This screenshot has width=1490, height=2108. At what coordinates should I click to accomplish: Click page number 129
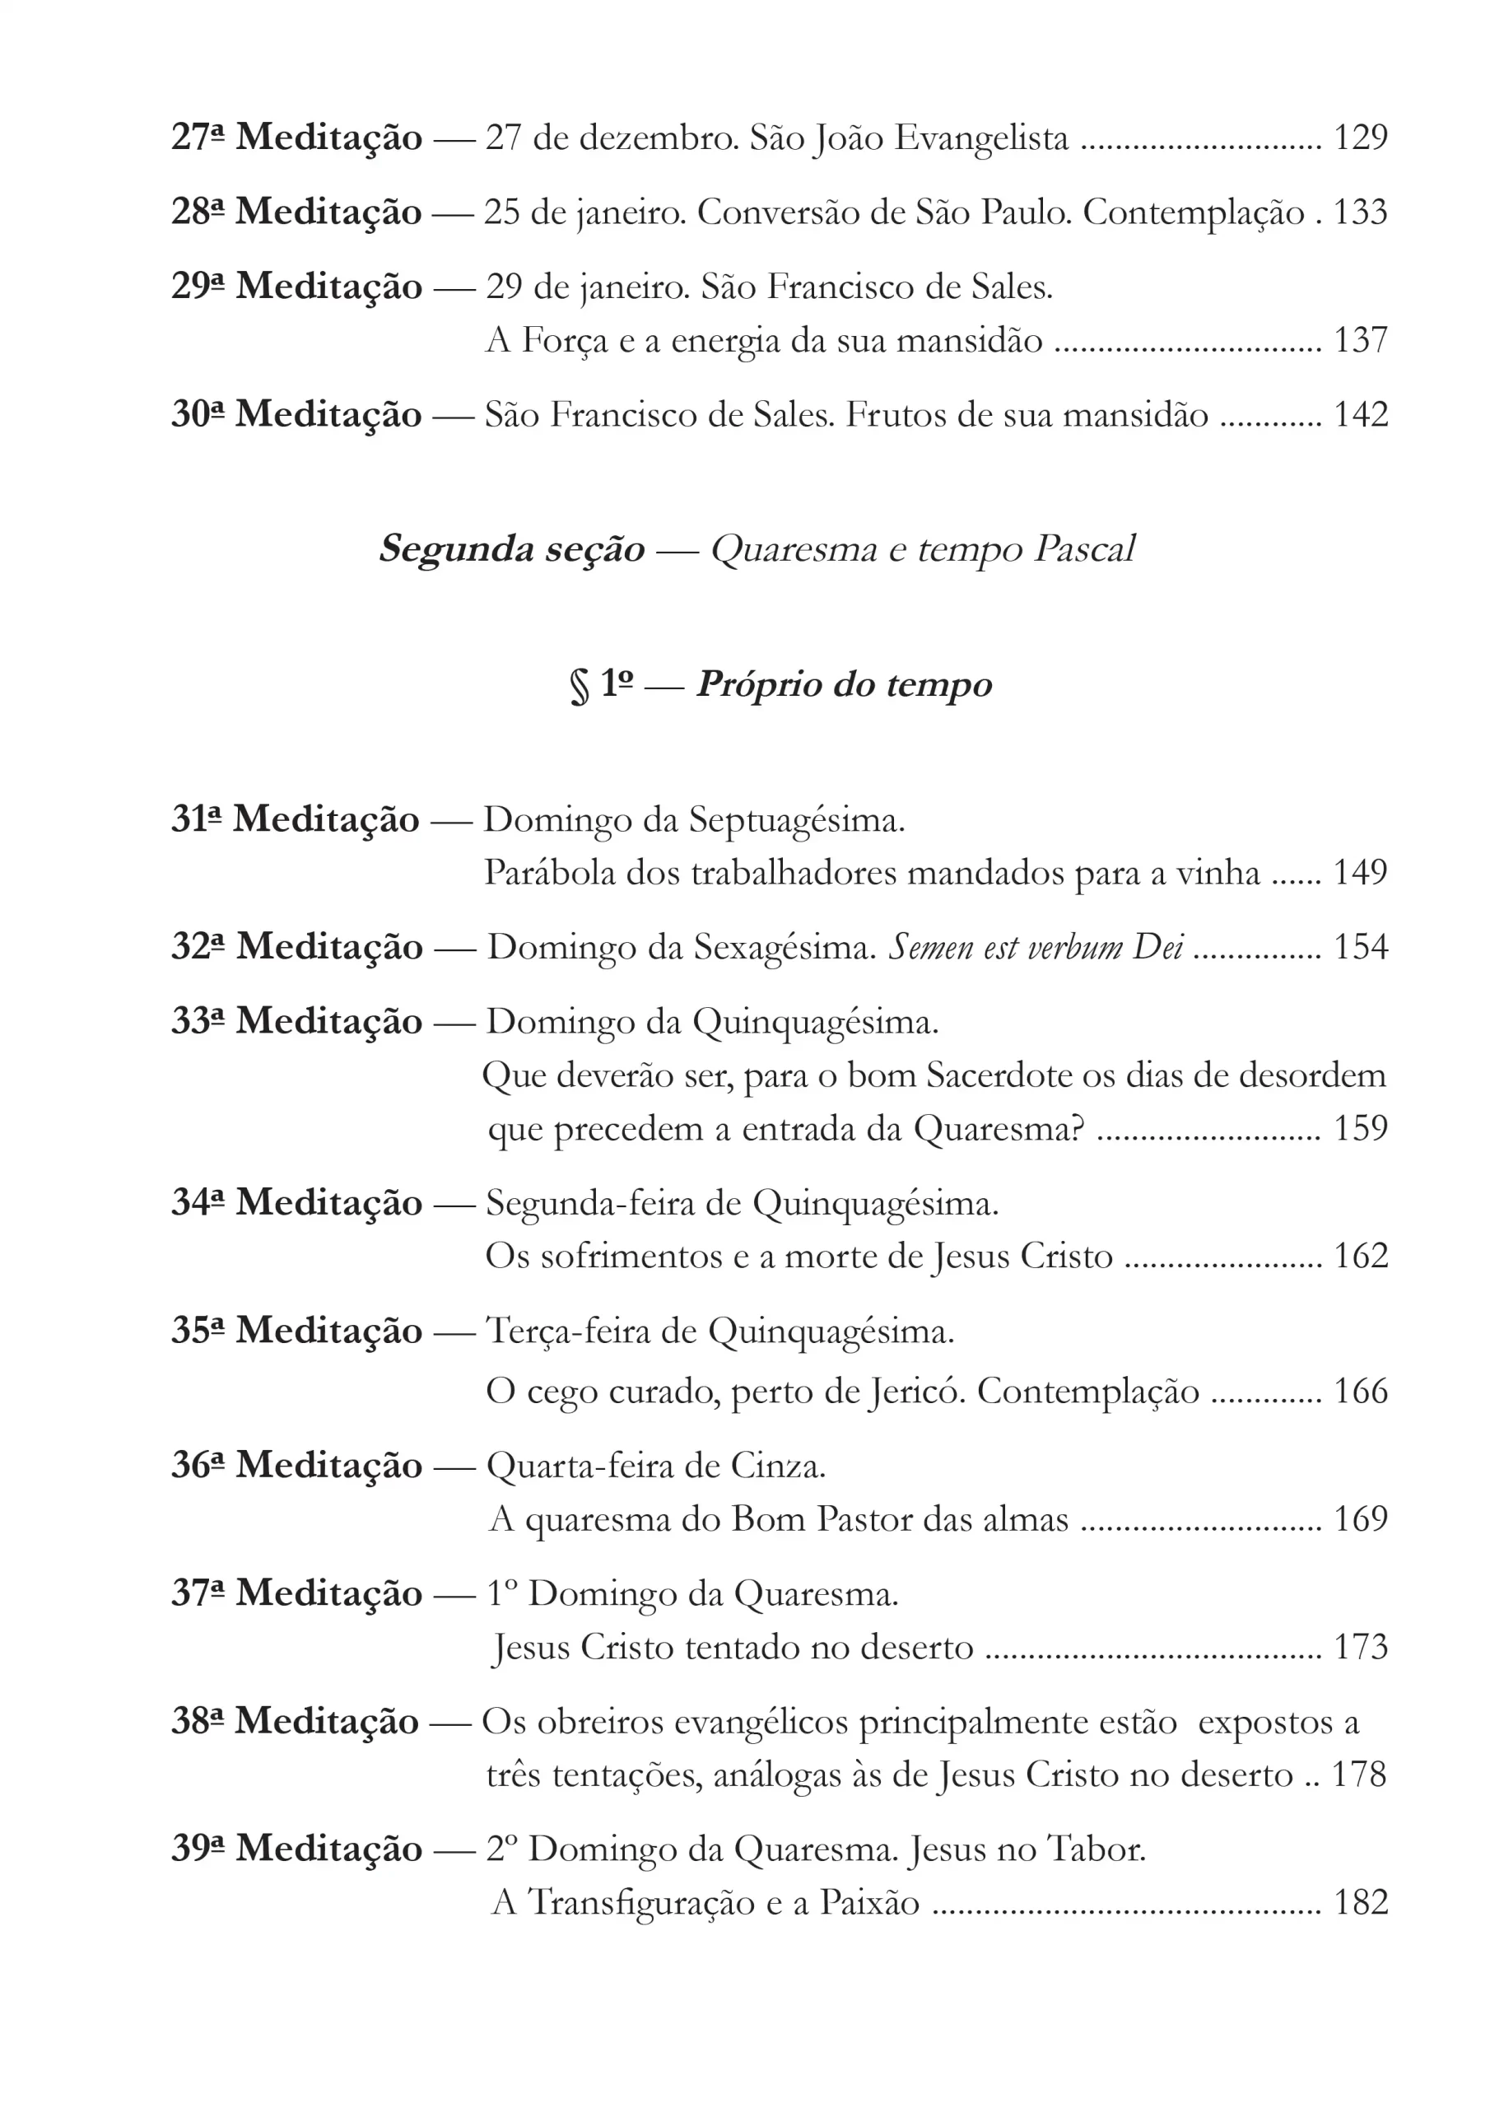click(x=1360, y=138)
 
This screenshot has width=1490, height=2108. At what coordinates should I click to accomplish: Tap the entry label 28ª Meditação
click(x=296, y=212)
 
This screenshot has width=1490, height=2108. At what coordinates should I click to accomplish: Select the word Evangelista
click(x=981, y=138)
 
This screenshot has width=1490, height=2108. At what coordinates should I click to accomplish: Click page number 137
click(x=1360, y=341)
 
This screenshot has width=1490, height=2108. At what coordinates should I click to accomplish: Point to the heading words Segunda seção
click(x=511, y=549)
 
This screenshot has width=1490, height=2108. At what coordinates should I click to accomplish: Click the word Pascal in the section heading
click(x=1084, y=549)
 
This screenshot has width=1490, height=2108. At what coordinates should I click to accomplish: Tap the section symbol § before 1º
click(x=579, y=686)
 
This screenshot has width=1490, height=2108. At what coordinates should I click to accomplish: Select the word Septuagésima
click(x=796, y=820)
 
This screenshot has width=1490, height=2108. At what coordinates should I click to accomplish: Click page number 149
click(x=1360, y=872)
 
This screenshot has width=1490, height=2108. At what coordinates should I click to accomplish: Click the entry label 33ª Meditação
click(x=296, y=1021)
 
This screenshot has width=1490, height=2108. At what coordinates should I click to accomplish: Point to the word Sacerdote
click(x=999, y=1075)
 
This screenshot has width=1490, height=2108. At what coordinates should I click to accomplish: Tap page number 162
click(x=1360, y=1255)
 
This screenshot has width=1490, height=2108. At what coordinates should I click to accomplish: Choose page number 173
click(x=1360, y=1647)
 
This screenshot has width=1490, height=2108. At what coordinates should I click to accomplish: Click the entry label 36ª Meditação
click(x=296, y=1466)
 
